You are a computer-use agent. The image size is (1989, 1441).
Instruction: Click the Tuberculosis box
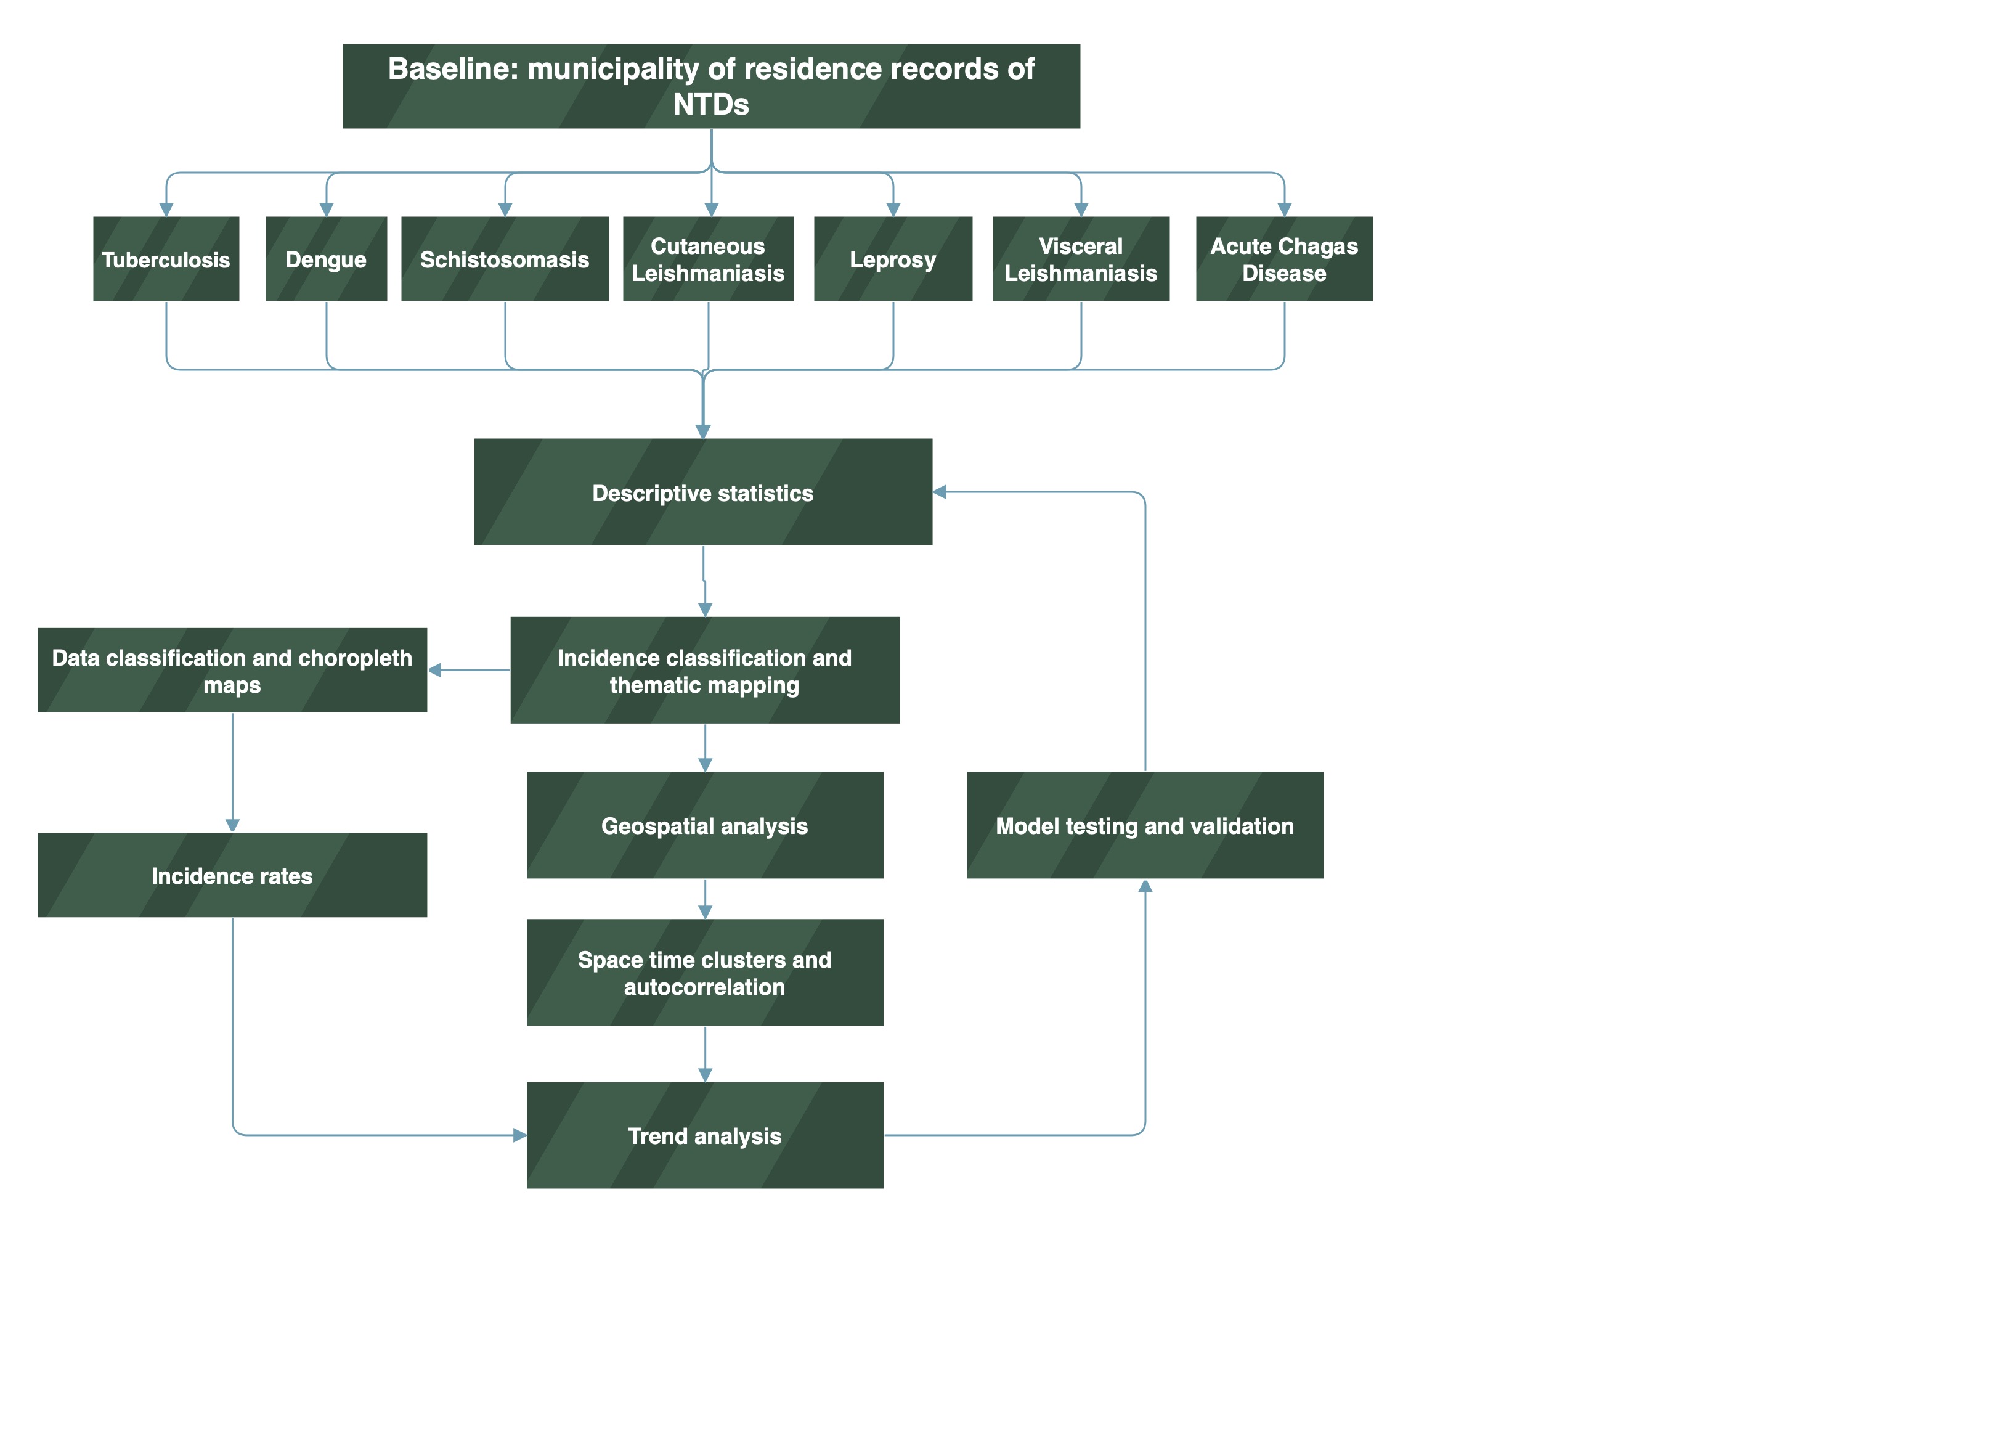coord(166,259)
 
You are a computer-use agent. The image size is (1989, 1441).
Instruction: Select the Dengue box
coord(326,259)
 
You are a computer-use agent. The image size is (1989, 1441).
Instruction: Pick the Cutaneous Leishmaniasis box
coord(708,259)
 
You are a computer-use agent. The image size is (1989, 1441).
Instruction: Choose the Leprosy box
coord(893,259)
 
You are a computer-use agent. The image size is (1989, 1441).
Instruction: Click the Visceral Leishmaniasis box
coord(1080,259)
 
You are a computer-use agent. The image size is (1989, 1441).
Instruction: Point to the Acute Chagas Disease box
coord(1284,259)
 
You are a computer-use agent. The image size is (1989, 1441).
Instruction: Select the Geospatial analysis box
coord(704,825)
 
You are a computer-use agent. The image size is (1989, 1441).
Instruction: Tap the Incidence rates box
coord(232,875)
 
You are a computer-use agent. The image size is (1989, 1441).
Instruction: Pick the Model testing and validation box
coord(1144,825)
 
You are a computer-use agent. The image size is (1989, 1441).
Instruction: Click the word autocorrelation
coord(704,987)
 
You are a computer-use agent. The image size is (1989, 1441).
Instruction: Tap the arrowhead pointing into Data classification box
coord(435,670)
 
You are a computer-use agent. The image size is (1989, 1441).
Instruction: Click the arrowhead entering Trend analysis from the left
coord(519,1135)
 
